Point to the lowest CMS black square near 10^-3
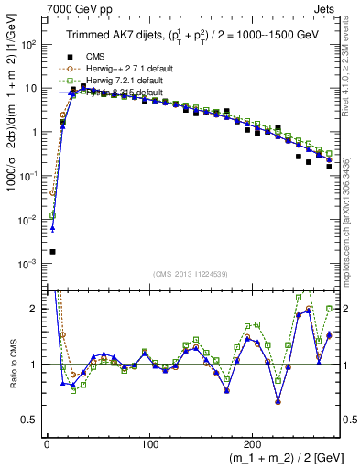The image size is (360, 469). pos(52,252)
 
